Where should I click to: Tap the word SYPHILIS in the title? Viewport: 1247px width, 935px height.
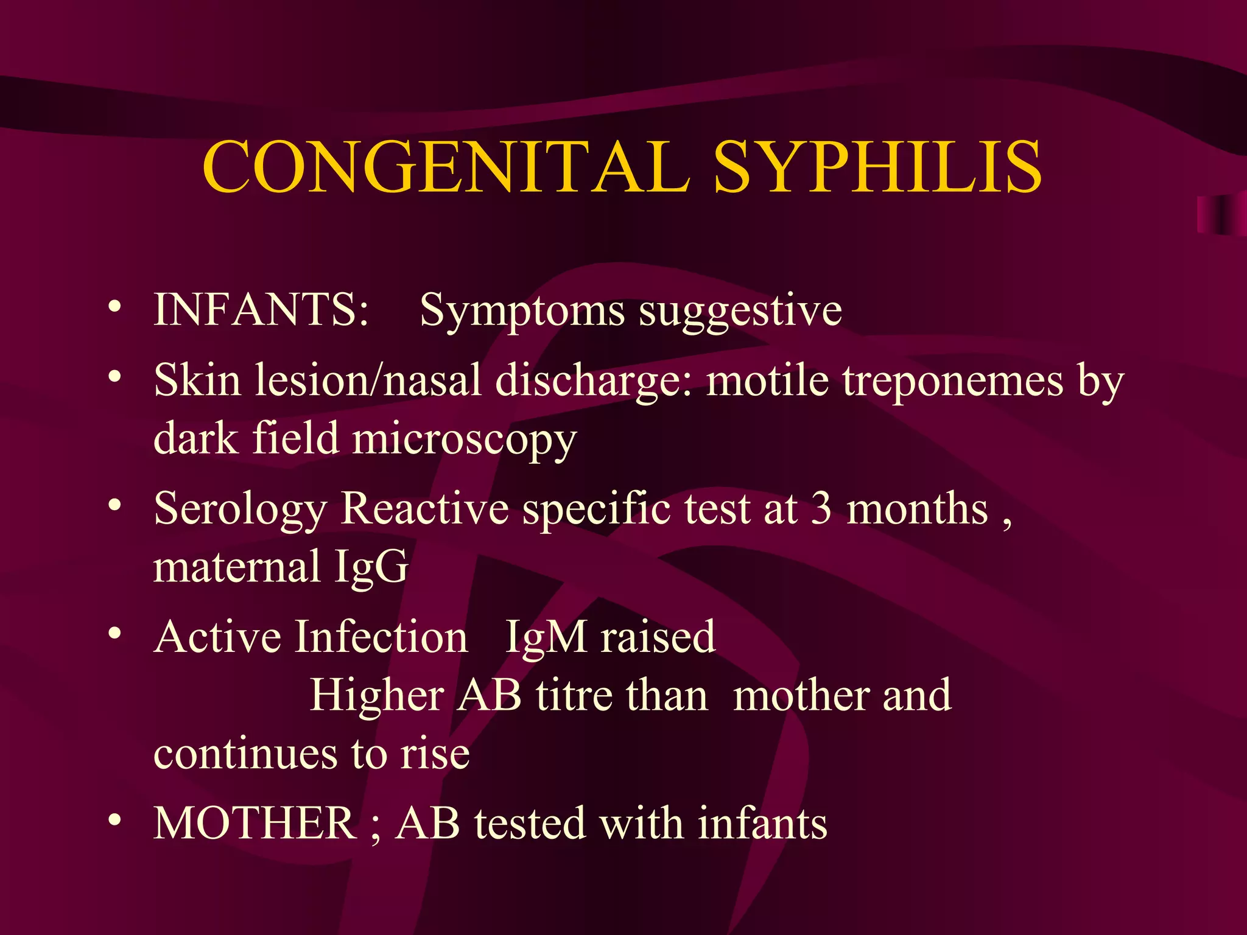877,166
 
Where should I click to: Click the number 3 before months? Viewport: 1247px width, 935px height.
821,508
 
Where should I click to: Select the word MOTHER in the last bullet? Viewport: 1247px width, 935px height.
255,823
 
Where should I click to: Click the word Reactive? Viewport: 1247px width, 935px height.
424,508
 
